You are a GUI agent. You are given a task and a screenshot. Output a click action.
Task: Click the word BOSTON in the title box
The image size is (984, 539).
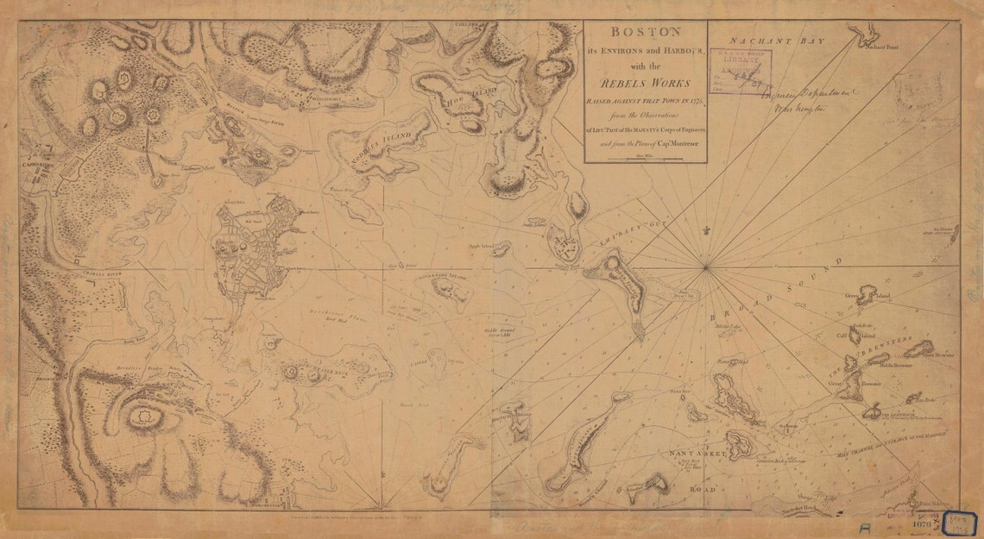click(x=646, y=32)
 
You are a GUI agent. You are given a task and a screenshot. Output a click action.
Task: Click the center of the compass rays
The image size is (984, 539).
click(x=706, y=266)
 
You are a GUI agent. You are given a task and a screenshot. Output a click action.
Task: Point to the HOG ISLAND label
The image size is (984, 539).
click(x=458, y=101)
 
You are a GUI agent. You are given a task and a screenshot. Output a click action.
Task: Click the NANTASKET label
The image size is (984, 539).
click(x=697, y=451)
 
